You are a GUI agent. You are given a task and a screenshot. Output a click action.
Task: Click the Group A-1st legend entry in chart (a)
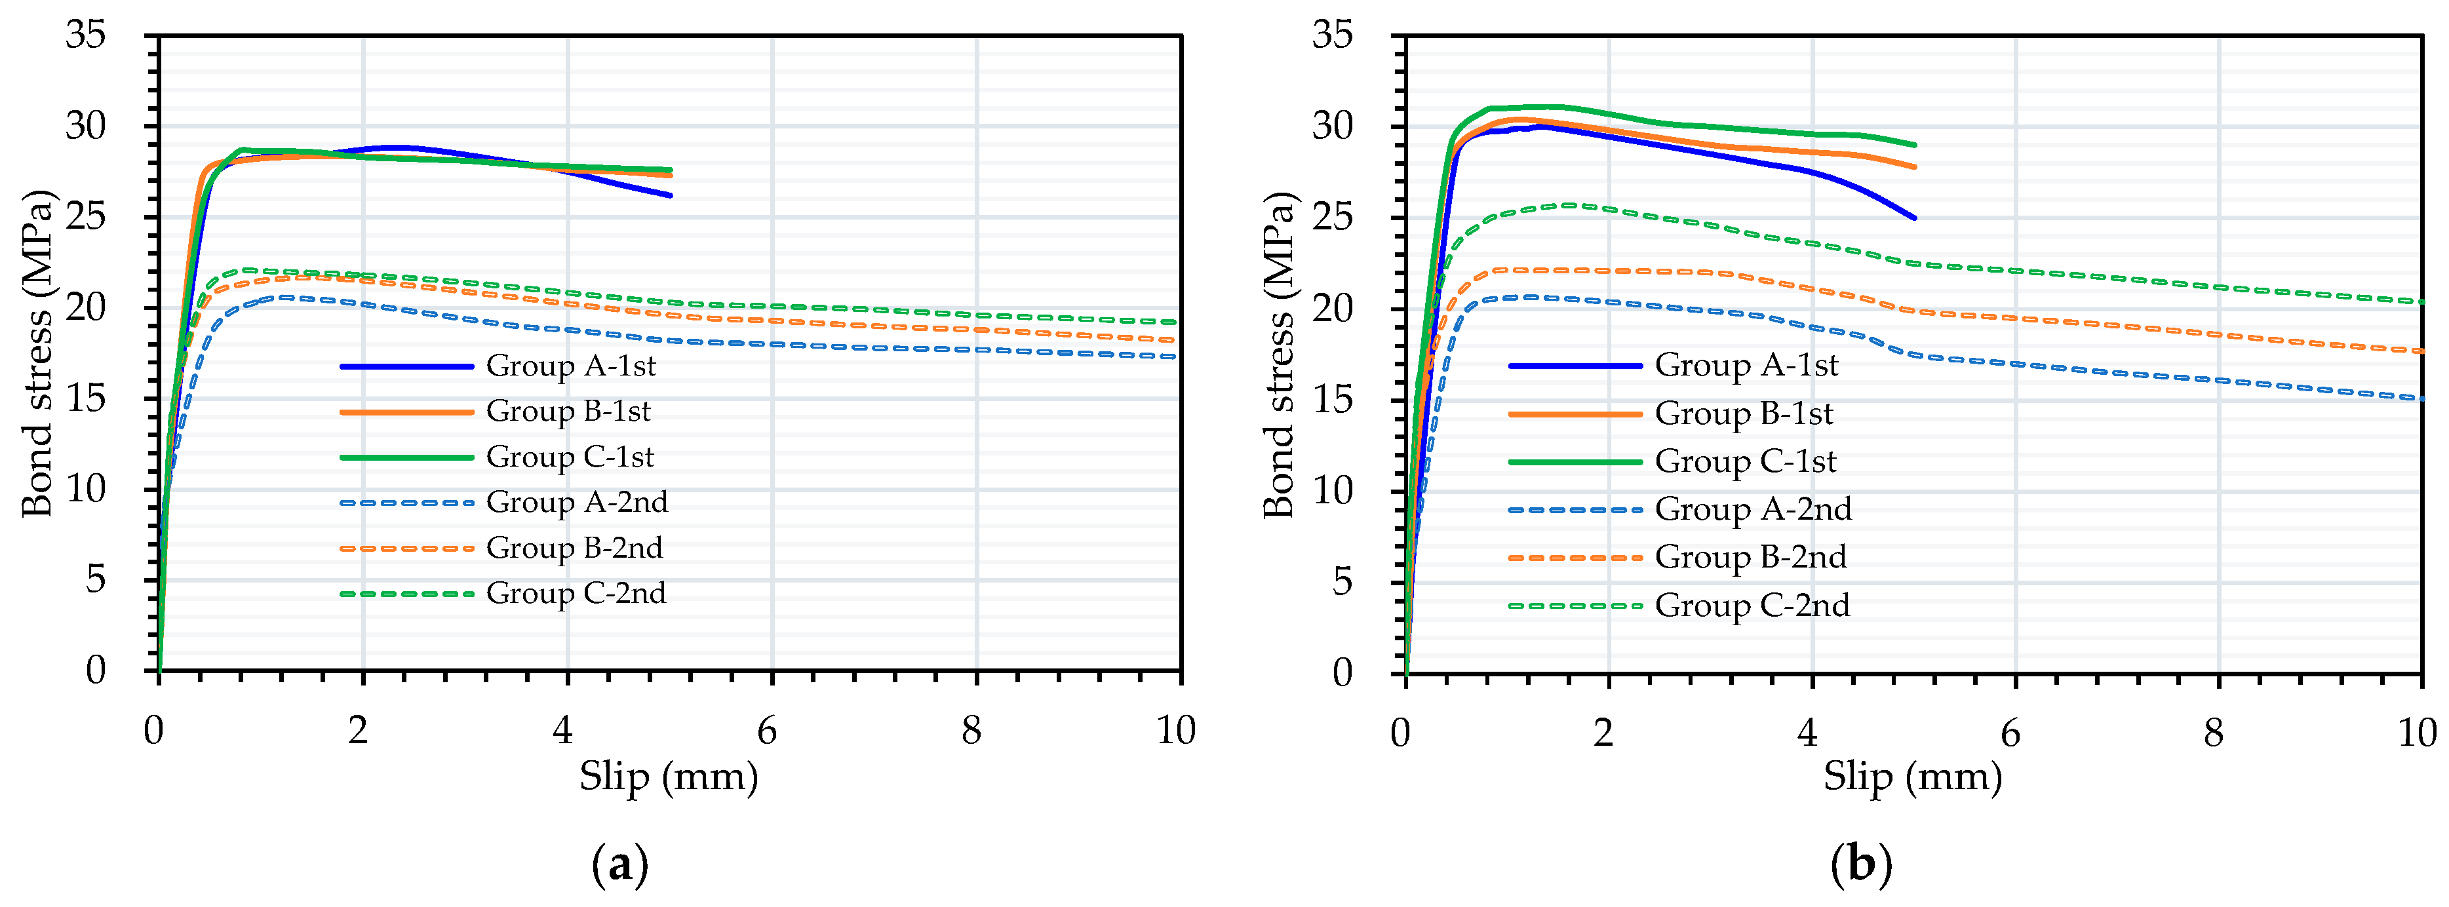pyautogui.click(x=570, y=366)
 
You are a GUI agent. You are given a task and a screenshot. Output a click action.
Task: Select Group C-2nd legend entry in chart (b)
pyautogui.click(x=1752, y=606)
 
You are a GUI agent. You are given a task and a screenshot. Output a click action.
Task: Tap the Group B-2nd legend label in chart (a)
pyautogui.click(x=574, y=549)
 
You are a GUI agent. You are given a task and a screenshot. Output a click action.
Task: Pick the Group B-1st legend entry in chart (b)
pyautogui.click(x=1744, y=414)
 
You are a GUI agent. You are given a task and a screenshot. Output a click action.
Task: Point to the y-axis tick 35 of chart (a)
pyautogui.click(x=86, y=35)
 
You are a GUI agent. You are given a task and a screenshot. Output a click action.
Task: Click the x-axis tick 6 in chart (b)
pyautogui.click(x=2010, y=732)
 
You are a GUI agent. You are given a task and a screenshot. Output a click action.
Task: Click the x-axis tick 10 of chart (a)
pyautogui.click(x=1175, y=730)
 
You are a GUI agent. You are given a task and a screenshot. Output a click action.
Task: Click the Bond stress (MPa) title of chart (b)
pyautogui.click(x=1280, y=354)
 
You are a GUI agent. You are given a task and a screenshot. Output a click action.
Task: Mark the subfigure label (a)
pyautogui.click(x=620, y=865)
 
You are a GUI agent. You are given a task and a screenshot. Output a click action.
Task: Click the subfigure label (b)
pyautogui.click(x=1860, y=865)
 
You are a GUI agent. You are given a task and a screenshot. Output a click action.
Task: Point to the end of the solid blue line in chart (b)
pyautogui.click(x=1913, y=218)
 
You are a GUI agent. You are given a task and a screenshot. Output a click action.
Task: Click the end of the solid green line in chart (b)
pyautogui.click(x=1913, y=145)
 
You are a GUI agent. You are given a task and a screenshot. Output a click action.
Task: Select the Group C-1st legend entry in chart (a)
pyautogui.click(x=570, y=457)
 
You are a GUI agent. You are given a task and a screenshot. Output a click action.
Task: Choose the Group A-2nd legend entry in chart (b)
pyautogui.click(x=1753, y=510)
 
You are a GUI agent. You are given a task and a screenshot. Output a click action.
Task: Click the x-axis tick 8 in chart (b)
pyautogui.click(x=2213, y=732)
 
